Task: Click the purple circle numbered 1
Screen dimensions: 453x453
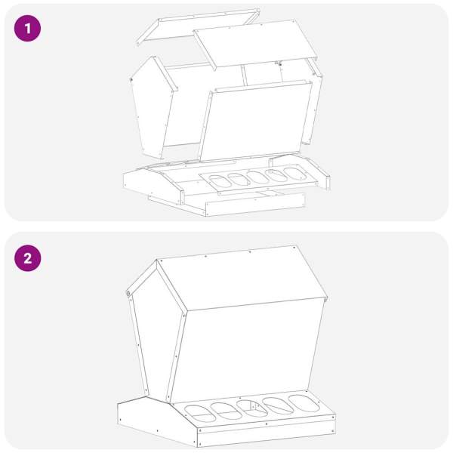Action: pyautogui.click(x=27, y=29)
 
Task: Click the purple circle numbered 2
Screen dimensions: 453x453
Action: pyautogui.click(x=27, y=258)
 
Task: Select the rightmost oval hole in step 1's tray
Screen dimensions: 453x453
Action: pyautogui.click(x=294, y=174)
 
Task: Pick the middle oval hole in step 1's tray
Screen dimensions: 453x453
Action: pyautogui.click(x=258, y=177)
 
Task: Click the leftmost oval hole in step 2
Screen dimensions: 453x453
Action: pyautogui.click(x=200, y=414)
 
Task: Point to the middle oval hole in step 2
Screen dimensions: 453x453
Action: pyautogui.click(x=252, y=408)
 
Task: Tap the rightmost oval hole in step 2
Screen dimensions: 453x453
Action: pyautogui.click(x=304, y=403)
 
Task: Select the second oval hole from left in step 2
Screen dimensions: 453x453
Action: pyautogui.click(x=226, y=411)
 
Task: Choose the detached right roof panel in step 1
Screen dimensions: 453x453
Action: pyautogui.click(x=256, y=43)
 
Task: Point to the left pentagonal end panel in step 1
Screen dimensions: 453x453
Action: pyautogui.click(x=153, y=108)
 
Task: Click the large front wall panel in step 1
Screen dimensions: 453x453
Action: pyautogui.click(x=256, y=121)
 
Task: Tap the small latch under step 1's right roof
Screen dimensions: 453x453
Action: pyautogui.click(x=279, y=63)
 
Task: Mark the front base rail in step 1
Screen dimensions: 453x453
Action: pyautogui.click(x=255, y=205)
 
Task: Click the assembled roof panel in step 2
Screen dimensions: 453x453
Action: pyautogui.click(x=242, y=278)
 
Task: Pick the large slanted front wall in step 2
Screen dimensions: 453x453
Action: pyautogui.click(x=247, y=351)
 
